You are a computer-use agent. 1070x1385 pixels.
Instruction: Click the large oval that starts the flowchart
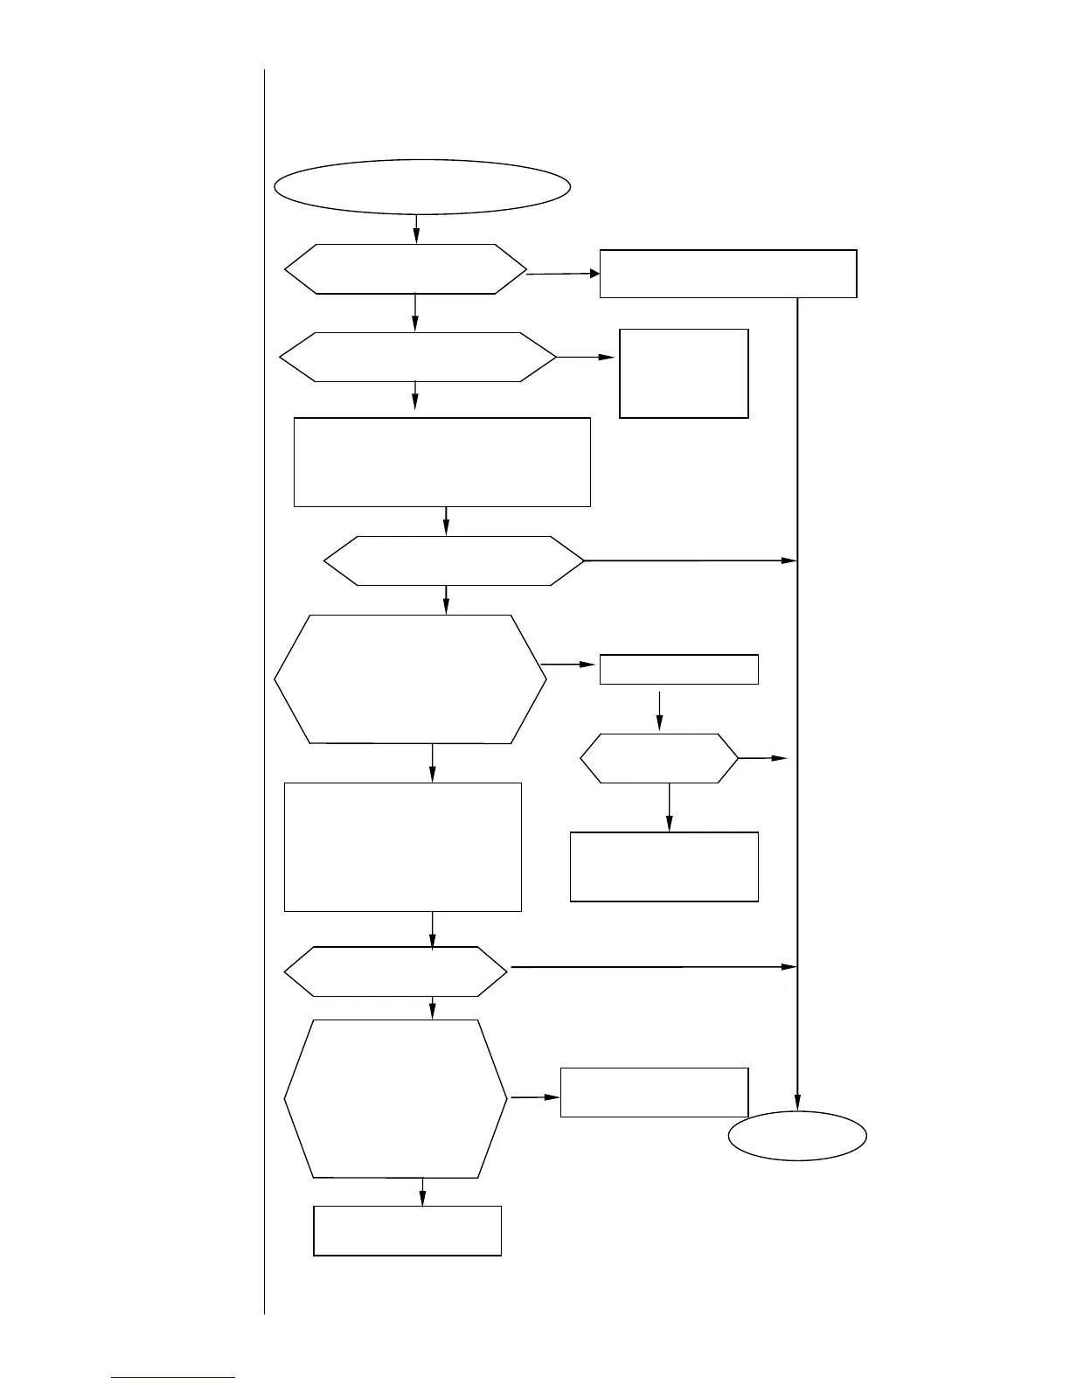pos(423,186)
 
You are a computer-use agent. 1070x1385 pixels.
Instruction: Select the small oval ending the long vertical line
pos(797,1136)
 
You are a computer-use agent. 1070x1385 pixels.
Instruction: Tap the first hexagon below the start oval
pos(406,269)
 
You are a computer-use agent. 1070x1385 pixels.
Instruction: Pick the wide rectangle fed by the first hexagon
pos(727,274)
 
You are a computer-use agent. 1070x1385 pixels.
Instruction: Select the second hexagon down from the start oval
pos(418,357)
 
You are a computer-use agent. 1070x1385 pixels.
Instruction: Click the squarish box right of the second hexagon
pos(684,373)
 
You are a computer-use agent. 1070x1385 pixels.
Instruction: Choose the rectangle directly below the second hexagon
pos(441,462)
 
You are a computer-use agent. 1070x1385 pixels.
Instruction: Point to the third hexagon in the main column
pos(454,560)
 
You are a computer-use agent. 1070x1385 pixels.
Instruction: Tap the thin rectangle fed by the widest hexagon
pos(678,670)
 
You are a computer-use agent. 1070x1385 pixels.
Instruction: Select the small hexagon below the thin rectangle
pos(659,758)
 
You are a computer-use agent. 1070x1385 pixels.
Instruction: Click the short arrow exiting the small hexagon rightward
pos(763,759)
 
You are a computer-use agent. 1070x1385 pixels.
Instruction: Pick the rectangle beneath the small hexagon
pos(664,866)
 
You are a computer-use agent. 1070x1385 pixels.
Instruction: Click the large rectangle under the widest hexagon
pos(403,846)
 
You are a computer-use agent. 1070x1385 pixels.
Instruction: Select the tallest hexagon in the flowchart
pos(396,1098)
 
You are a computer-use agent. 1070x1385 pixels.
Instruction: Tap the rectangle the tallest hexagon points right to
pos(654,1092)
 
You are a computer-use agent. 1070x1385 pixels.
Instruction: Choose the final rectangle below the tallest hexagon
pos(407,1231)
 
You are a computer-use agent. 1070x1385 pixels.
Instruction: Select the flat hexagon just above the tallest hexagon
pos(396,971)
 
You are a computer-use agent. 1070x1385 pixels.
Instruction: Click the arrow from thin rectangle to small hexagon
pos(659,710)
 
